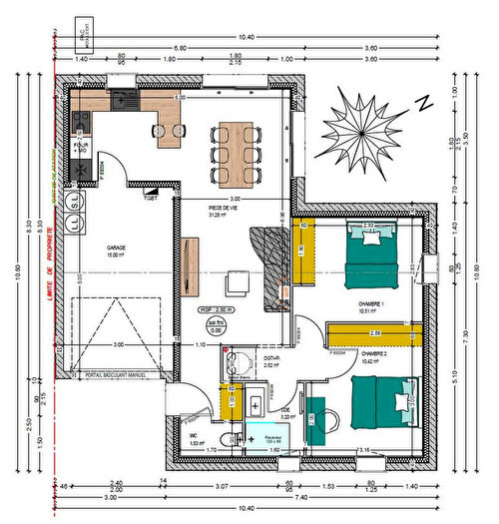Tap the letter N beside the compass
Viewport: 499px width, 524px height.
(423, 102)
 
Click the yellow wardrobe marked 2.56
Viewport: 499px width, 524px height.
(374, 332)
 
